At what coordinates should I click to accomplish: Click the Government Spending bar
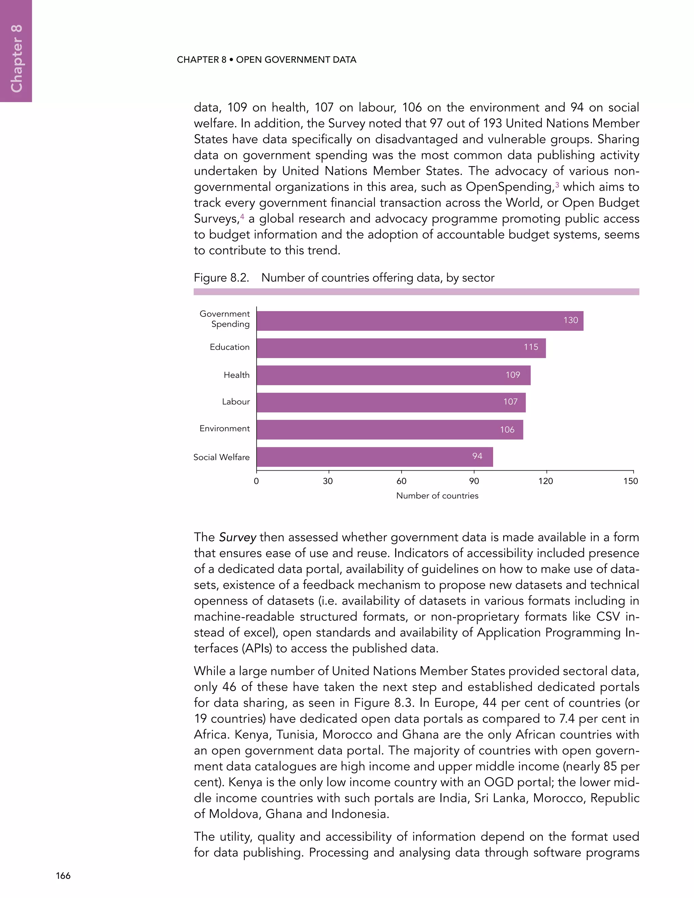coord(420,321)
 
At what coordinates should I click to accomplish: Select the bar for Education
coord(401,348)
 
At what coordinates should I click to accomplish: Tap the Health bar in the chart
coord(393,375)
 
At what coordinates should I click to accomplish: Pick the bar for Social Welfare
coord(374,457)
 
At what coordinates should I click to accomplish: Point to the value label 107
coord(510,402)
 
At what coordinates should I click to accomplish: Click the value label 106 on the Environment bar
coord(507,430)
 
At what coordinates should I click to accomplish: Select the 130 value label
coord(571,320)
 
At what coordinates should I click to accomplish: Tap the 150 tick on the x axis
coord(631,481)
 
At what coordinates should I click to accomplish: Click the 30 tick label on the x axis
coord(328,481)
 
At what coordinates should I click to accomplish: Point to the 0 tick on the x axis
coord(256,481)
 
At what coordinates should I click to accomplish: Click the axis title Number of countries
coord(437,496)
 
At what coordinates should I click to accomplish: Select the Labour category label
coord(236,402)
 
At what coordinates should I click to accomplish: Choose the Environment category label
coord(224,428)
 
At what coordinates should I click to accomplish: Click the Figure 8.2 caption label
coord(221,278)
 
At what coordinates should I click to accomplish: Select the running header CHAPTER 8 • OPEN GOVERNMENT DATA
coord(266,60)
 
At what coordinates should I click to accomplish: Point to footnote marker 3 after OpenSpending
coord(557,185)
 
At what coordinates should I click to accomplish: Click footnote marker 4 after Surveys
coord(242,216)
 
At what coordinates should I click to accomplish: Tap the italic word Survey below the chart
coord(237,537)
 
